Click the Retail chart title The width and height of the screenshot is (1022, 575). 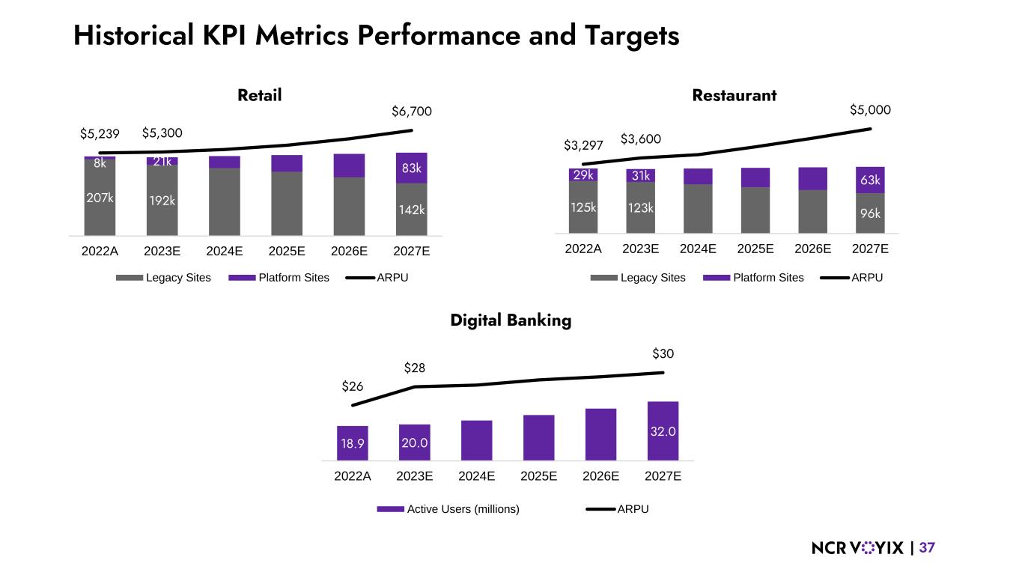point(259,96)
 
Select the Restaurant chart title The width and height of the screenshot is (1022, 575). point(734,96)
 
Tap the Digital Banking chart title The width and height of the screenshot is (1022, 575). point(511,320)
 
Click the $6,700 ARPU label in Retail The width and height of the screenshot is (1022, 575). point(412,112)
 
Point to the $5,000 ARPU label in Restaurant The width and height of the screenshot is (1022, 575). point(870,110)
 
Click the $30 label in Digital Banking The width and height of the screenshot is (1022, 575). point(663,353)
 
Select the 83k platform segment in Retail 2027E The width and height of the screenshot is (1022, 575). point(411,168)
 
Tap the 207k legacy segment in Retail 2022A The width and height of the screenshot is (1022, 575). point(100,198)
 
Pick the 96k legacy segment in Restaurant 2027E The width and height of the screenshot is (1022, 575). point(870,213)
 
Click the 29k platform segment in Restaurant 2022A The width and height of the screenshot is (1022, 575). point(583,174)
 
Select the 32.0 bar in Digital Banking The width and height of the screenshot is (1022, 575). point(663,431)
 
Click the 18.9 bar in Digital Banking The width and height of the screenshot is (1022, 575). point(353,443)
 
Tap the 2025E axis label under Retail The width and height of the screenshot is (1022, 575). point(287,252)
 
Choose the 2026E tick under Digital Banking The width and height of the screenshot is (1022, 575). point(600,475)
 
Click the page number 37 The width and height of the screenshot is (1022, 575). point(927,548)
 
